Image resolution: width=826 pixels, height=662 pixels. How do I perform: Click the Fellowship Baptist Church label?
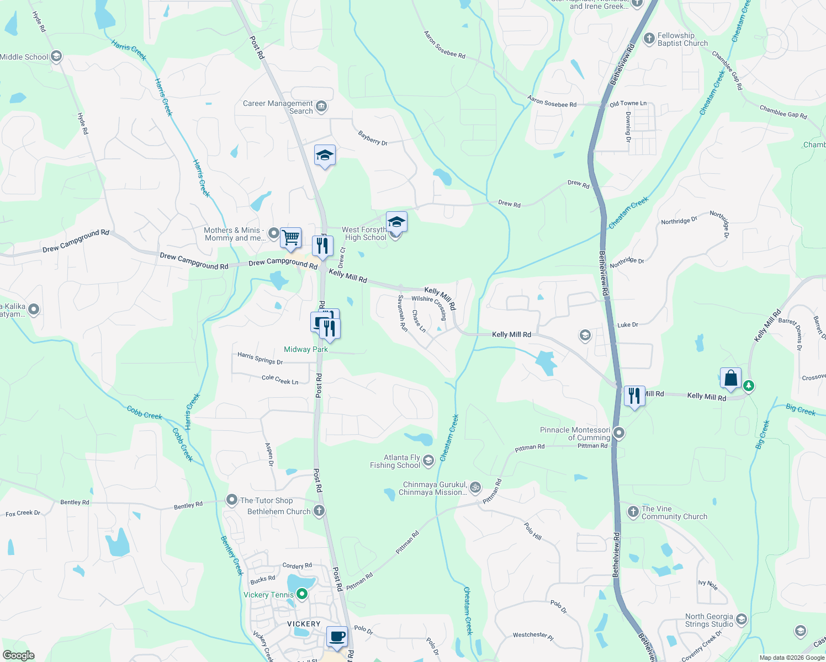coord(682,39)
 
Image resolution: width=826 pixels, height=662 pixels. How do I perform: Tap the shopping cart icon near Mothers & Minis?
coord(290,238)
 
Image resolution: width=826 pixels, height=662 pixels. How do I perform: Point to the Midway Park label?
coord(306,349)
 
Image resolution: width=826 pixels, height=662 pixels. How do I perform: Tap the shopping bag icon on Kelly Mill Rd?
coord(730,378)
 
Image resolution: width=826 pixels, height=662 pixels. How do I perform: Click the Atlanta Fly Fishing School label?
coord(395,461)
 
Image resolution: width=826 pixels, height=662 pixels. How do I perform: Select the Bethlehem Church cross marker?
coord(319,511)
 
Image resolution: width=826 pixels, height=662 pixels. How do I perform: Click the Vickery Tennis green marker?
coord(302,594)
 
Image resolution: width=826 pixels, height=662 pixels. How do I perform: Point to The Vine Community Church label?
coord(674,512)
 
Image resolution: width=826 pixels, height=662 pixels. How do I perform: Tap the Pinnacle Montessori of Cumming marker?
coord(619,433)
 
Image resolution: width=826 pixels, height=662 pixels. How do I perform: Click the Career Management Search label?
coord(278,107)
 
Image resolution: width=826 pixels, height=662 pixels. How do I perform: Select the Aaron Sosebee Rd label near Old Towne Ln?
coord(552,102)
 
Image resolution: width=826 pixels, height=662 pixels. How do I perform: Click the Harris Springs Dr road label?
coord(260,359)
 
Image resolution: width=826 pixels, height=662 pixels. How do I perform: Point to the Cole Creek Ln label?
coord(280,380)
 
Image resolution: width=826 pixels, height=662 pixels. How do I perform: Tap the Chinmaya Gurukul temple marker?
coord(475,487)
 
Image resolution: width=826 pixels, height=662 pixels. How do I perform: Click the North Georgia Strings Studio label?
coord(709,620)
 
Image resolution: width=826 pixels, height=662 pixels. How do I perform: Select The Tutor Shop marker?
coord(232,500)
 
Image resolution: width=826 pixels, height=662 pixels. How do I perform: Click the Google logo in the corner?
coord(18,655)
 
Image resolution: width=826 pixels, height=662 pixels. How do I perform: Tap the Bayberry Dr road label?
coord(373,138)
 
